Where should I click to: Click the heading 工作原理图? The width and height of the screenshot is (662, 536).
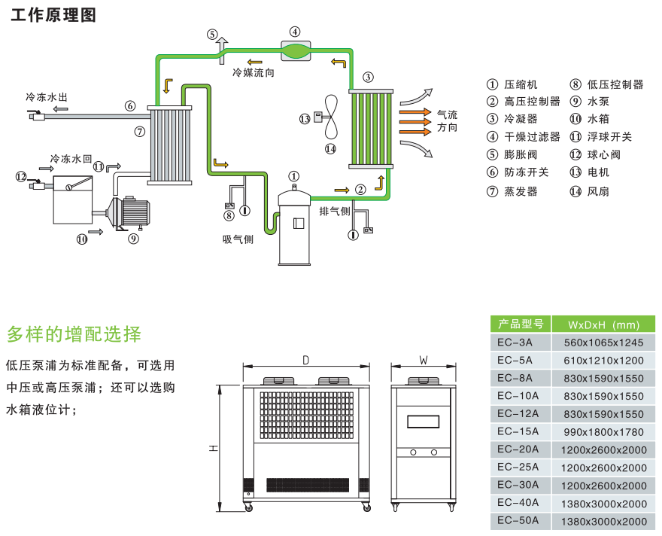pyautogui.click(x=53, y=15)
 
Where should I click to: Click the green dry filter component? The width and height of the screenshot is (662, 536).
pyautogui.click(x=295, y=50)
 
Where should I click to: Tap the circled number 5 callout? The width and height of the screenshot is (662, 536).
pyautogui.click(x=212, y=34)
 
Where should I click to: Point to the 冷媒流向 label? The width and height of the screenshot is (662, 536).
pyautogui.click(x=254, y=73)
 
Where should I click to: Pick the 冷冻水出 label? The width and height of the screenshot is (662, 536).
pyautogui.click(x=47, y=98)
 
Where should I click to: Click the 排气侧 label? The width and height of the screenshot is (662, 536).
pyautogui.click(x=335, y=211)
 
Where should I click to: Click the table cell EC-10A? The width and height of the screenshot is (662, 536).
pyautogui.click(x=518, y=396)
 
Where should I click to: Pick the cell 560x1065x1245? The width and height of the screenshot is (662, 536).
pyautogui.click(x=603, y=343)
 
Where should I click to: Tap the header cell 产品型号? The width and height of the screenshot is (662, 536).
pyautogui.click(x=520, y=324)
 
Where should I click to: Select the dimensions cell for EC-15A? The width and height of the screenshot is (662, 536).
pyautogui.click(x=603, y=432)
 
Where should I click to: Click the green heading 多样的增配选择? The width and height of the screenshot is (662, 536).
pyautogui.click(x=74, y=333)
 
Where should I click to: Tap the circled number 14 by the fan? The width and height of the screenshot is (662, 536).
pyautogui.click(x=330, y=148)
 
